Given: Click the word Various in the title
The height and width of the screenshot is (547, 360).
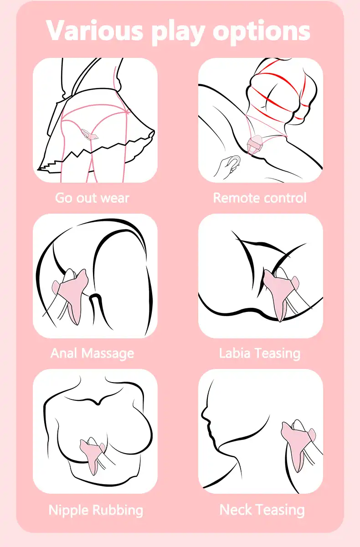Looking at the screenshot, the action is point(94,30).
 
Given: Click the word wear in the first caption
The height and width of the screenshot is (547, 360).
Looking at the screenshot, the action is point(115,198).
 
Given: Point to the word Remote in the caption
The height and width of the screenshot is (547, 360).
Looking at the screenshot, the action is point(235,198).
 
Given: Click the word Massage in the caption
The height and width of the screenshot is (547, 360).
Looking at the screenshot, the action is point(108,353).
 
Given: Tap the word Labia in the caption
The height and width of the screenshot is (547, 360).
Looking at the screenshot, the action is point(235,353).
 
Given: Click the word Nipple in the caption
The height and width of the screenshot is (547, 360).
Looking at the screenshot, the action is point(69,511).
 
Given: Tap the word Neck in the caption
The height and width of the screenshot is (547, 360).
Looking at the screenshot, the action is point(236,510).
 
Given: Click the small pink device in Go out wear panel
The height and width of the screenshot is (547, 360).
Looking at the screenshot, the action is point(89,134).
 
